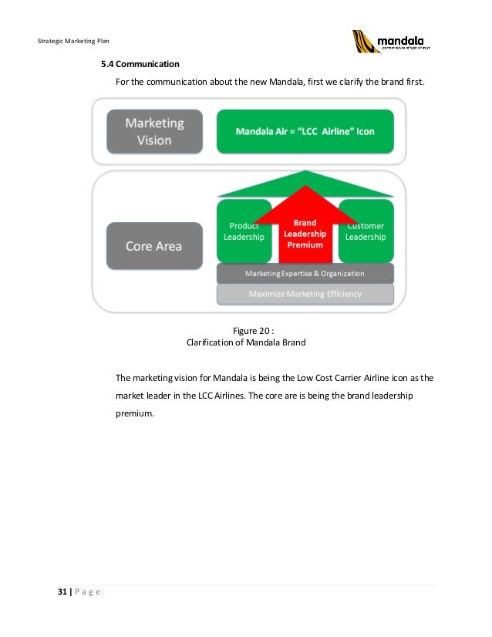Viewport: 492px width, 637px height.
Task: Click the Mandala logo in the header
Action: [392, 41]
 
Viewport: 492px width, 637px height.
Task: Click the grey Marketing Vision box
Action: [154, 131]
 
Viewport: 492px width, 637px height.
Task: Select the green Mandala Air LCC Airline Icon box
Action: [305, 131]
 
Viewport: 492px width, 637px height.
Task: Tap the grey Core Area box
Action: [154, 246]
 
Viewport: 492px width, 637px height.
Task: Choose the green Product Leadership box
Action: [244, 231]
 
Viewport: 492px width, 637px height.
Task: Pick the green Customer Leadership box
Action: [366, 231]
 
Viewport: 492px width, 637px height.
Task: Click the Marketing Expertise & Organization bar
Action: [305, 274]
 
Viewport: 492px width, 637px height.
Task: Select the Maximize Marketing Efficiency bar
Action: [305, 294]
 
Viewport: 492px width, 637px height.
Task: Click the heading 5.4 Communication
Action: [135, 63]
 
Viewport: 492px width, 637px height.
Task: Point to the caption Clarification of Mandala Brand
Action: [246, 343]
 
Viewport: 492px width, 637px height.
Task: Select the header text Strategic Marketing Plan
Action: [73, 40]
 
